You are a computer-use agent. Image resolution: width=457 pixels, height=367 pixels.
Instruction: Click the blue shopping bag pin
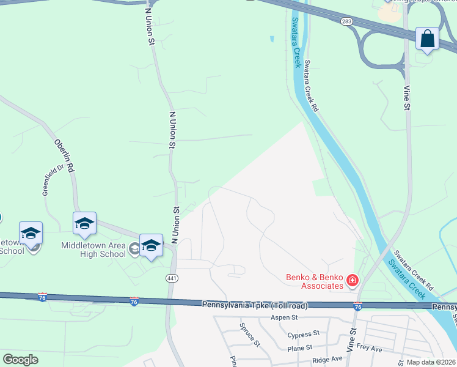point(427,39)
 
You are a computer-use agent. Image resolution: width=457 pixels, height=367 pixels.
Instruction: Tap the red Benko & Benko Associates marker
point(352,281)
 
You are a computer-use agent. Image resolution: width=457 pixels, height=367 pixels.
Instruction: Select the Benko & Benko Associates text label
point(314,281)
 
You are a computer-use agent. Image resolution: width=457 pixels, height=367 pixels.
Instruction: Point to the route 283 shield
point(346,22)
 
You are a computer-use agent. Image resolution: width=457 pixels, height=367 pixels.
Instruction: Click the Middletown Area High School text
point(93,250)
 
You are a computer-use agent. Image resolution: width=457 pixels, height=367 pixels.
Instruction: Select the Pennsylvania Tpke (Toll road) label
point(254,305)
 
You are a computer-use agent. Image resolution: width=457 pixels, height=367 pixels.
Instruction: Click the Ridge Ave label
point(327,360)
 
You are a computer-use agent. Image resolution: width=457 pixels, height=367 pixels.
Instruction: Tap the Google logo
point(21,360)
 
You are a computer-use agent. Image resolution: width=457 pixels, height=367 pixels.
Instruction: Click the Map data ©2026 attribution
point(431,362)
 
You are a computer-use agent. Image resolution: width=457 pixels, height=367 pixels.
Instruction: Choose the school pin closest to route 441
point(151,245)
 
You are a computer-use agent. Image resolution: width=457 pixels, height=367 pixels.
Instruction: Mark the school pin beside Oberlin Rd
point(84,223)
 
